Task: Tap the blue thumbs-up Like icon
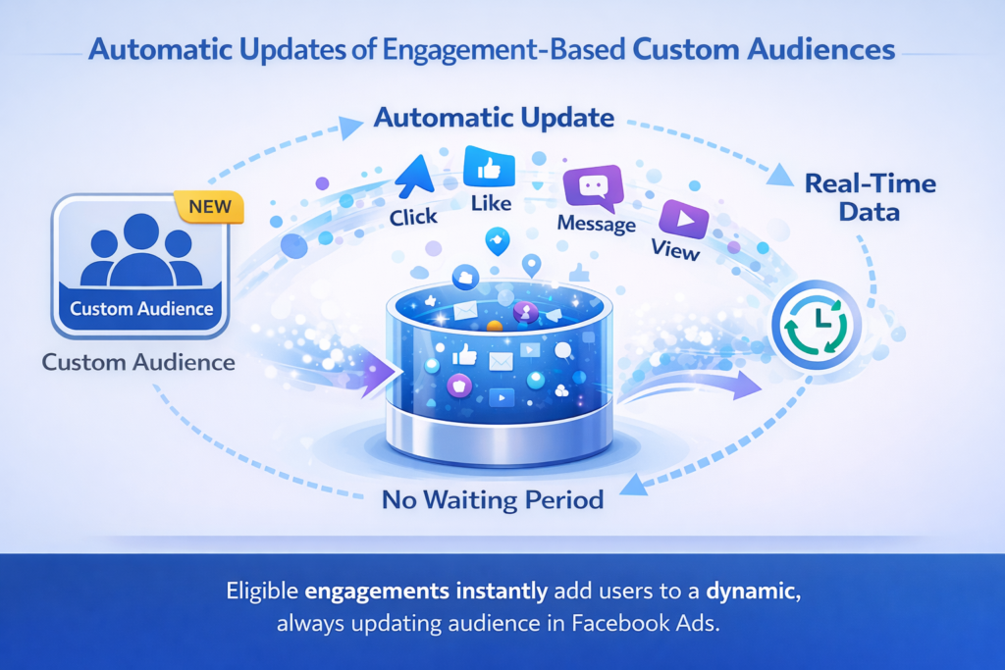(x=488, y=170)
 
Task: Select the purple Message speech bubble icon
(x=593, y=186)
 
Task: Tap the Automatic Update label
(x=494, y=119)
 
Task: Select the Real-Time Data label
(x=870, y=196)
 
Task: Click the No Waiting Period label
(x=492, y=500)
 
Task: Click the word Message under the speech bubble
(x=597, y=224)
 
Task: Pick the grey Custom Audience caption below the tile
(x=138, y=362)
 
